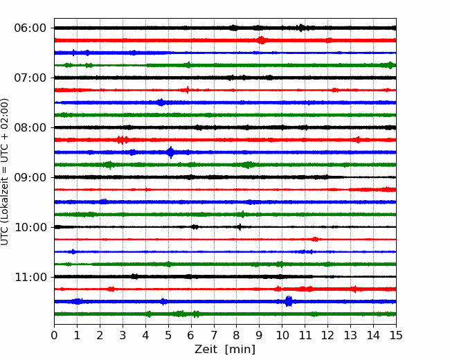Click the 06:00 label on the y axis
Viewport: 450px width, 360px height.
pyautogui.click(x=30, y=28)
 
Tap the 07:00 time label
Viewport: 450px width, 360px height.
pyautogui.click(x=30, y=78)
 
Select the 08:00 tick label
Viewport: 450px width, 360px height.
pyautogui.click(x=30, y=127)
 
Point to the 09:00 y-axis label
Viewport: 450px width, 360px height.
pyautogui.click(x=30, y=177)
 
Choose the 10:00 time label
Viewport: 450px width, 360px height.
pyautogui.click(x=30, y=227)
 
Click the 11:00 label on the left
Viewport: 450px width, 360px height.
pyautogui.click(x=30, y=277)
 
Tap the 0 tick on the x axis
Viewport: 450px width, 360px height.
pyautogui.click(x=54, y=335)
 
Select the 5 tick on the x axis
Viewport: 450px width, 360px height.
pyautogui.click(x=168, y=335)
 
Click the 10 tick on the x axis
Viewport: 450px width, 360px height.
pyautogui.click(x=282, y=335)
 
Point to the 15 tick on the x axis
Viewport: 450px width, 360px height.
pyautogui.click(x=396, y=335)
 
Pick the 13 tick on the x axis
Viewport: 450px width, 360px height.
pyautogui.click(x=350, y=335)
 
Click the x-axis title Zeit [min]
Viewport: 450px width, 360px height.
pyautogui.click(x=225, y=350)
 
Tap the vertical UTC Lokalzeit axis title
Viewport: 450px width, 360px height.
pyautogui.click(x=5, y=172)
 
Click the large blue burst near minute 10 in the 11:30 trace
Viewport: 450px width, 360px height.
pyautogui.click(x=289, y=301)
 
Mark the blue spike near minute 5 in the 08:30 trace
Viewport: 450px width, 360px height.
pyautogui.click(x=170, y=152)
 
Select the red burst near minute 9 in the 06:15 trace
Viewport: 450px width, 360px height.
pyautogui.click(x=261, y=40)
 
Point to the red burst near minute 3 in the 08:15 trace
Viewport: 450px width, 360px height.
pyautogui.click(x=123, y=140)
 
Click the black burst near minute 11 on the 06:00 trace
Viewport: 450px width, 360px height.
pyautogui.click(x=300, y=28)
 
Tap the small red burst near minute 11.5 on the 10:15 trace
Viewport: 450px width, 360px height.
pyautogui.click(x=316, y=239)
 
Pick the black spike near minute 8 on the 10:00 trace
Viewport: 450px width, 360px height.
pyautogui.click(x=240, y=227)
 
